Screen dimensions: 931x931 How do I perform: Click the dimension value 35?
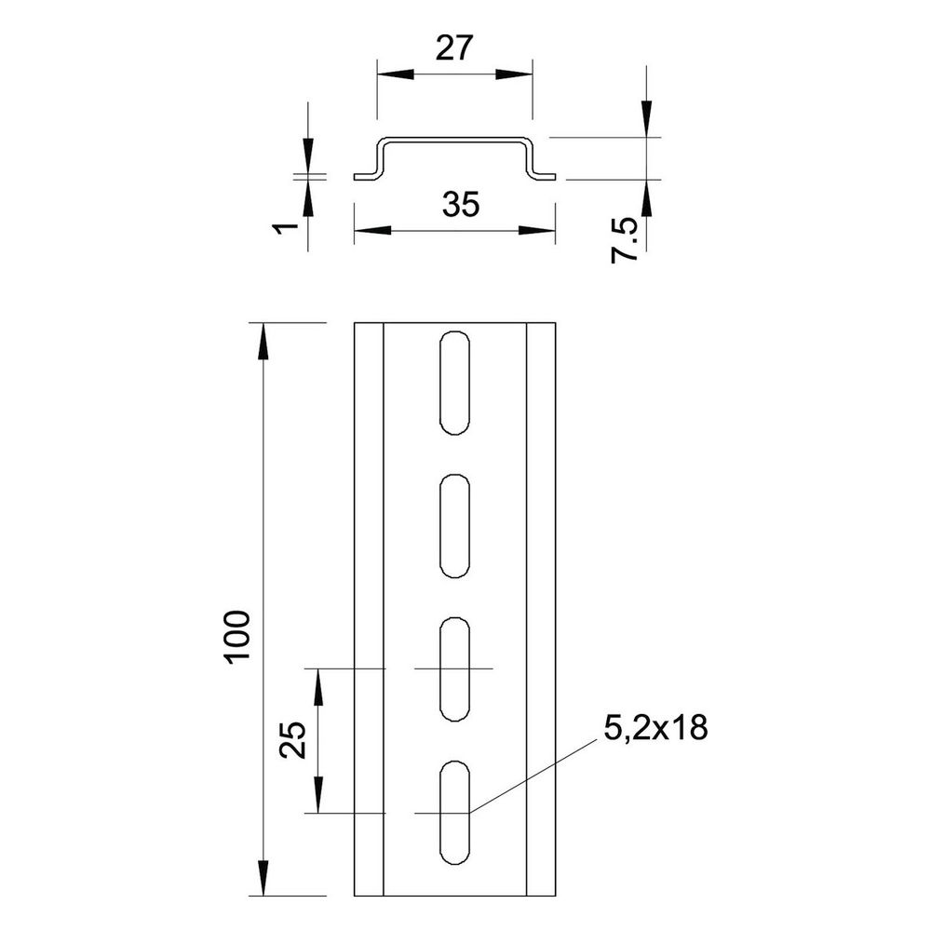click(461, 204)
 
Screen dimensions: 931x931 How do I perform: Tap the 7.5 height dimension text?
click(625, 240)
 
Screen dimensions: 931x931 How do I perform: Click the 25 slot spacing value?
click(292, 740)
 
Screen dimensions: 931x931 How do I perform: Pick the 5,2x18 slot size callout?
click(655, 727)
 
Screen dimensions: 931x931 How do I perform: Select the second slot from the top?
click(455, 526)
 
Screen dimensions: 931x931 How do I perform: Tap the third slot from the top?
click(455, 669)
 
